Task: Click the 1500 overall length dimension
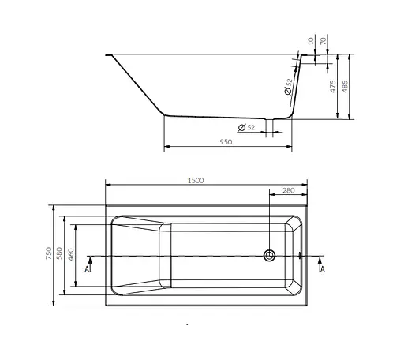click(196, 181)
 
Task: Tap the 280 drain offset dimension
click(289, 190)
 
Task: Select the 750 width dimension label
click(49, 253)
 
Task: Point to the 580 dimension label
click(59, 253)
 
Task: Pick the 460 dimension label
click(71, 255)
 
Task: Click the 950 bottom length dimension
click(226, 142)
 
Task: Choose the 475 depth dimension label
click(333, 87)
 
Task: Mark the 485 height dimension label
click(345, 87)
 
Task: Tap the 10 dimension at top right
click(311, 41)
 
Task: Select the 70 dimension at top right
click(324, 41)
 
